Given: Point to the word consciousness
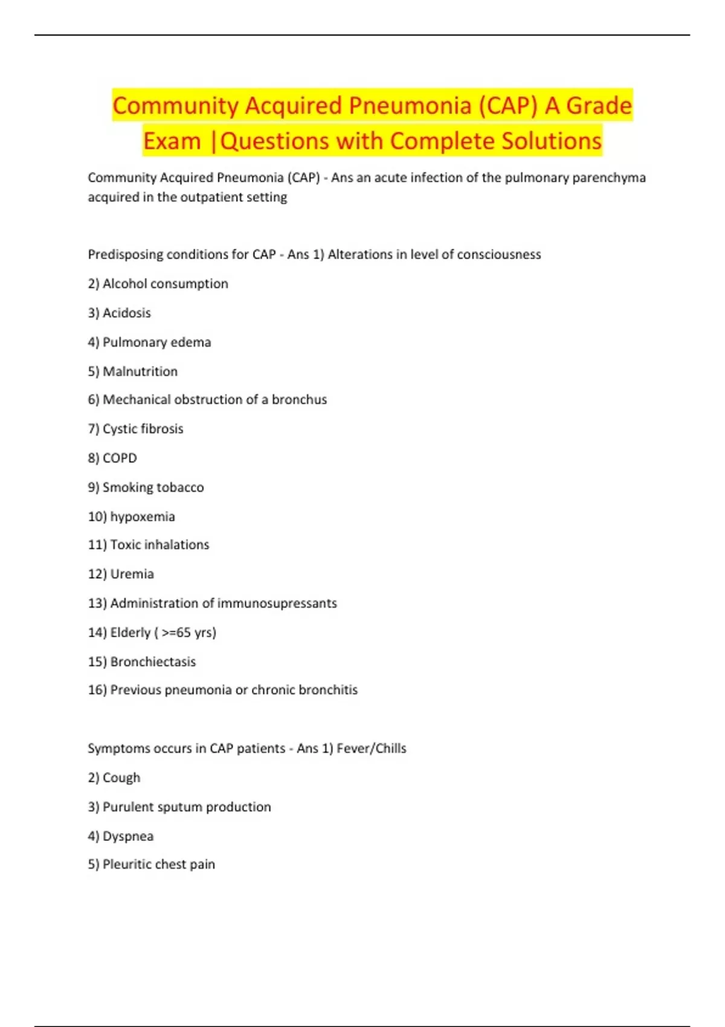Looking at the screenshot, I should click(x=498, y=254).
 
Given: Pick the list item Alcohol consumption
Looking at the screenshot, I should click(x=165, y=284).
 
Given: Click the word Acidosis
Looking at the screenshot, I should click(x=126, y=313).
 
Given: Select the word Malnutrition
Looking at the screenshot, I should click(x=140, y=372).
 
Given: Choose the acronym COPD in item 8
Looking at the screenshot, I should click(x=120, y=458).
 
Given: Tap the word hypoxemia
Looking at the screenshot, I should click(x=142, y=517).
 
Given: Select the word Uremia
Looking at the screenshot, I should click(x=132, y=574).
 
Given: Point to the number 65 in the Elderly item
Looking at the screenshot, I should click(x=184, y=633).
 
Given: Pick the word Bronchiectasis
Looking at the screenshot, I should click(x=153, y=662).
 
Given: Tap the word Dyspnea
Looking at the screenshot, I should click(x=127, y=836).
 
